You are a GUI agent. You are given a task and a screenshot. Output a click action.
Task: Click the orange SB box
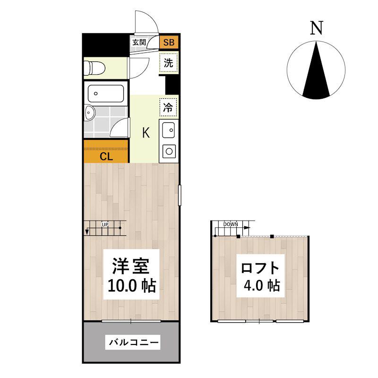169,42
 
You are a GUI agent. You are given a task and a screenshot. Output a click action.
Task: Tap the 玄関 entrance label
139,43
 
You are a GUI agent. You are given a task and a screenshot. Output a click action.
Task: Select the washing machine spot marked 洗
169,63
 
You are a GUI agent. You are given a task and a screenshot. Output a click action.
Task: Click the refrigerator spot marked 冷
168,108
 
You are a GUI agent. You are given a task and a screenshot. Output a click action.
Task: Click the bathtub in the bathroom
105,94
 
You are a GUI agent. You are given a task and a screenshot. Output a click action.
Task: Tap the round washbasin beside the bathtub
90,112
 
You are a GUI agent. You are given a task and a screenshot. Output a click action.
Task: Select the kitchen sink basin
169,130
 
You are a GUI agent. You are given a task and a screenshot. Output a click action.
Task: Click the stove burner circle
169,151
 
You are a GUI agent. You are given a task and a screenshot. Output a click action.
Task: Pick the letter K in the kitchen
146,132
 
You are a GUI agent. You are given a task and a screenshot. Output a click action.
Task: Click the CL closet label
106,157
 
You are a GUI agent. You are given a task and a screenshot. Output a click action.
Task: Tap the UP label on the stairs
105,225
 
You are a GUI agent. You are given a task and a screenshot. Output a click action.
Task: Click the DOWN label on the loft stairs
231,224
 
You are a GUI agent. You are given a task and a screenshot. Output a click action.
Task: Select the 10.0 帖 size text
132,286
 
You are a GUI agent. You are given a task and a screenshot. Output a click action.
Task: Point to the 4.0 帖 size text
262,285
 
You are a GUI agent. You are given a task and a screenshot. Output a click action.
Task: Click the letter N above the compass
317,28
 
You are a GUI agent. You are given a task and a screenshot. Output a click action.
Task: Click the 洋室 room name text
131,266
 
